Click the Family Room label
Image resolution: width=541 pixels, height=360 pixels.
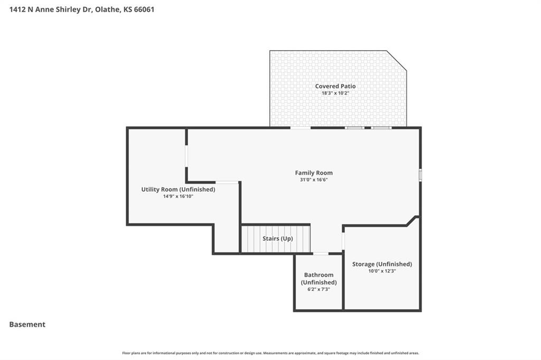click(x=314, y=173)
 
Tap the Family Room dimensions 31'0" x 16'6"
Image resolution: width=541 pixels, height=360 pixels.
click(x=314, y=179)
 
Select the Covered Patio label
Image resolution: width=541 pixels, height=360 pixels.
click(x=335, y=86)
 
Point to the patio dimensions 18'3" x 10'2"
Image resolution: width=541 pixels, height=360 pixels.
click(x=335, y=93)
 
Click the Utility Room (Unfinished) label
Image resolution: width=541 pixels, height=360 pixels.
click(x=178, y=190)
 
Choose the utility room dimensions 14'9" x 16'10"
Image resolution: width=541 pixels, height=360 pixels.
click(x=178, y=196)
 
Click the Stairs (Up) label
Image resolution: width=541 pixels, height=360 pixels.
click(x=278, y=239)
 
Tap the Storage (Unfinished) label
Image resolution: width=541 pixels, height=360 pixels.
click(x=382, y=264)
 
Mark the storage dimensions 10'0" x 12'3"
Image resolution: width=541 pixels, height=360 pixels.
click(x=382, y=271)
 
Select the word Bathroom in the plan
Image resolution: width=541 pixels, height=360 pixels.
click(x=319, y=275)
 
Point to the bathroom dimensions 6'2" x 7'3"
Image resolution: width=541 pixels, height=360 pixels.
click(x=319, y=289)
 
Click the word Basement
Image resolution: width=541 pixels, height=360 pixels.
click(x=27, y=325)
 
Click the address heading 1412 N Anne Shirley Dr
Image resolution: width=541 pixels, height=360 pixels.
click(x=50, y=10)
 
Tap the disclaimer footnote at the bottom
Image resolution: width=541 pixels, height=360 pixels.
click(x=270, y=353)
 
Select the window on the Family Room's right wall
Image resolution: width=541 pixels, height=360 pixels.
click(x=420, y=175)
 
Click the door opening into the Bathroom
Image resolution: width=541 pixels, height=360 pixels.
click(x=321, y=254)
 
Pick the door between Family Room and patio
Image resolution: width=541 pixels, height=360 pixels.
click(x=300, y=128)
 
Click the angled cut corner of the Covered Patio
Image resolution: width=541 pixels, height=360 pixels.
click(x=396, y=61)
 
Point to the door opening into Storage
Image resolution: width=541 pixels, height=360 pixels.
click(x=343, y=241)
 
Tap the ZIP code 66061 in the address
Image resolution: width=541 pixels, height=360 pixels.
click(x=144, y=10)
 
